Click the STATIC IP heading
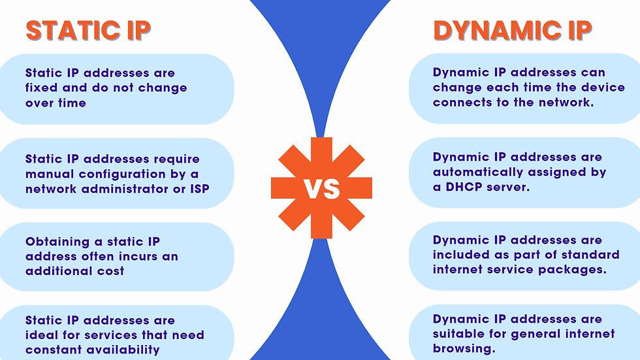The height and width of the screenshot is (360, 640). (88, 30)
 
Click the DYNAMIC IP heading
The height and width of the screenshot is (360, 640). (513, 30)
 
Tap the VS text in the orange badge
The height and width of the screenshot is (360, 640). (322, 189)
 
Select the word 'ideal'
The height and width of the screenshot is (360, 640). (41, 335)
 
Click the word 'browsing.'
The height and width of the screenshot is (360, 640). (464, 348)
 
